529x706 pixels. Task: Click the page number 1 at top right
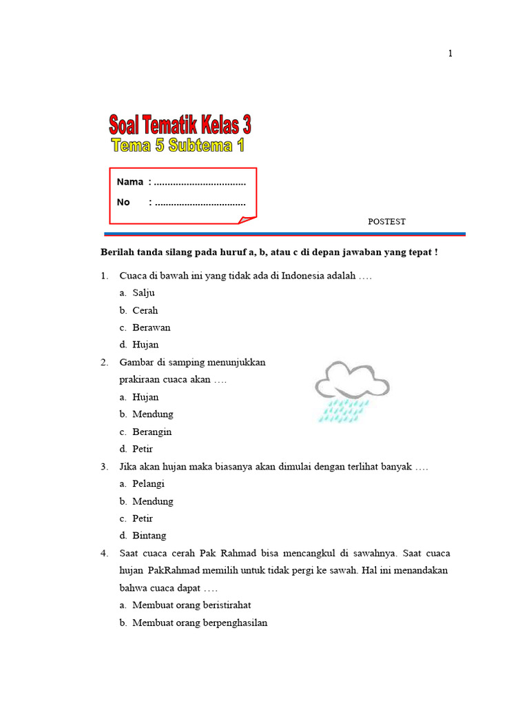[x=450, y=54]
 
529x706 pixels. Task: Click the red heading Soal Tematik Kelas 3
[x=180, y=125]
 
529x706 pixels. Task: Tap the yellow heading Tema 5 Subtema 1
[x=178, y=145]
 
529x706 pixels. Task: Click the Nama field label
[x=130, y=182]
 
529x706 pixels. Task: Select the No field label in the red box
[x=123, y=202]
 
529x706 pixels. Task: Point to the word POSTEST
[x=386, y=221]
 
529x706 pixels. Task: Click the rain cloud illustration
[x=352, y=390]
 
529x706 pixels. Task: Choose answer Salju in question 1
[x=143, y=293]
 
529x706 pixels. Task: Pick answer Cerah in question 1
[x=145, y=310]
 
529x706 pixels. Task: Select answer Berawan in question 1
[x=152, y=327]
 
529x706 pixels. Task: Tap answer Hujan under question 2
[x=145, y=397]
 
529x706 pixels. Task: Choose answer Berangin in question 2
[x=152, y=432]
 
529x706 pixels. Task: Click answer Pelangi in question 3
[x=149, y=484]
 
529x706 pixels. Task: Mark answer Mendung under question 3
[x=153, y=501]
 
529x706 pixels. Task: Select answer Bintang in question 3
[x=149, y=536]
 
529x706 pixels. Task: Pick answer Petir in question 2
[x=143, y=449]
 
